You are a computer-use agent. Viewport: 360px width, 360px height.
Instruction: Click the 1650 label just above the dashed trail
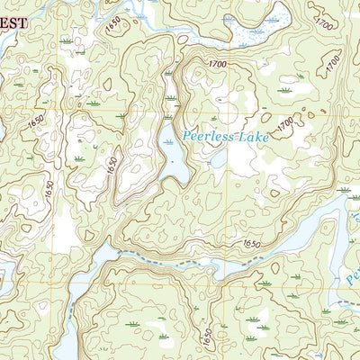click(x=251, y=244)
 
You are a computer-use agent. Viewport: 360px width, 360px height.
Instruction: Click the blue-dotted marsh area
click(x=261, y=27)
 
